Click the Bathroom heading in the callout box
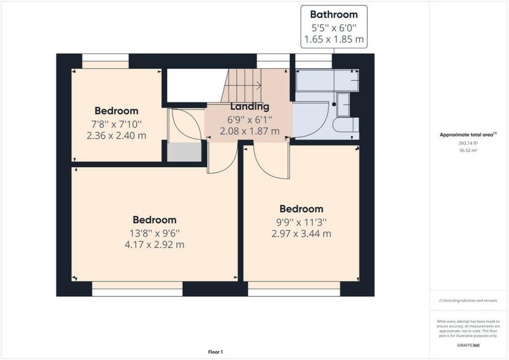click(334, 14)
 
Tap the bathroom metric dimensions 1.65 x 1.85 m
click(334, 39)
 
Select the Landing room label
click(250, 106)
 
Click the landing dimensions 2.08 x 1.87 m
click(250, 131)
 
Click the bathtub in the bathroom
click(327, 81)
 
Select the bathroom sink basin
click(343, 104)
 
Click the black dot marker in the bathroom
click(334, 104)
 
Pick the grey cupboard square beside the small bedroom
click(184, 152)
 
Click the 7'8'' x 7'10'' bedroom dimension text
click(116, 124)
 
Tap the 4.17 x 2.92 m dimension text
click(155, 245)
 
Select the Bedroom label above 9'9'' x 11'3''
click(301, 209)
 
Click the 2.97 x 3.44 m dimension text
click(301, 234)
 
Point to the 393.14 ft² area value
click(468, 143)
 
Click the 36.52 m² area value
click(468, 150)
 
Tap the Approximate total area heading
click(468, 134)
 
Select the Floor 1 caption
click(215, 352)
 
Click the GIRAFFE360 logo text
click(468, 346)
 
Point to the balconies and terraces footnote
click(468, 301)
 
